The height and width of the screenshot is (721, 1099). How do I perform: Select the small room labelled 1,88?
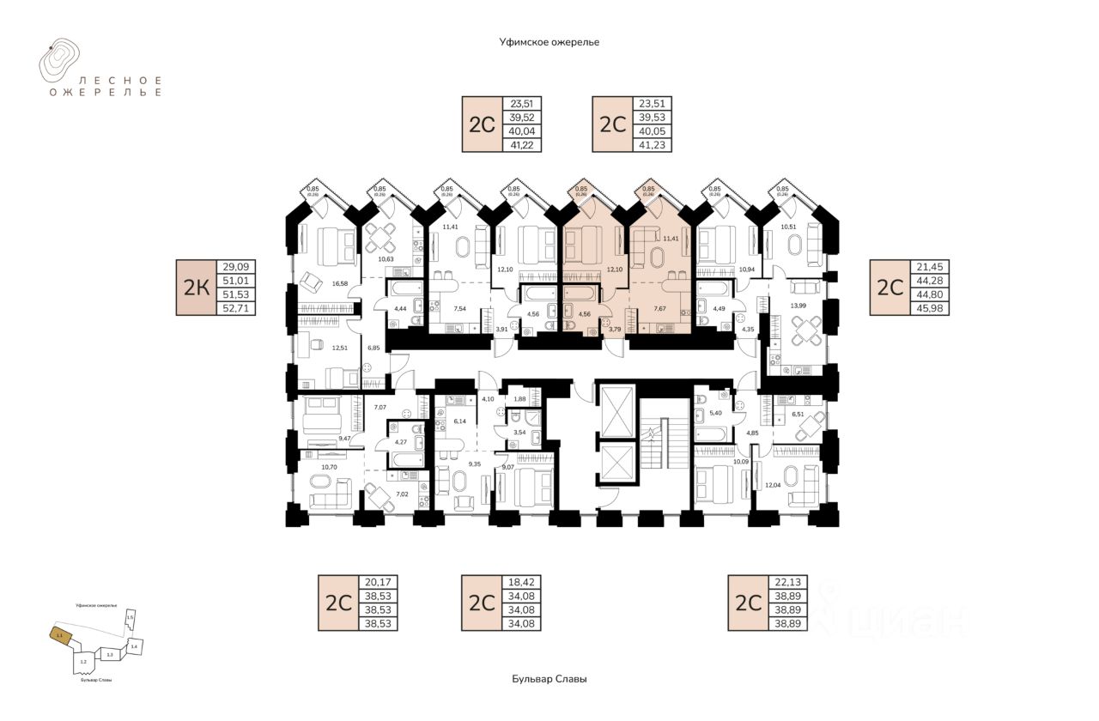click(x=519, y=397)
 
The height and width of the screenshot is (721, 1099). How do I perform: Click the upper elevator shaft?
click(x=617, y=409)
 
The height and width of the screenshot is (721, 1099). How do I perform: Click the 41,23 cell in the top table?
click(x=654, y=145)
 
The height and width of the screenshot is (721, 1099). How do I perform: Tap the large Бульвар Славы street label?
click(x=549, y=679)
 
